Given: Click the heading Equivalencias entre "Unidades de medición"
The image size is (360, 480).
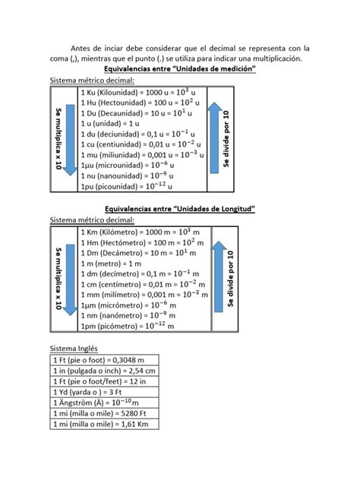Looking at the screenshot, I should pos(179,69).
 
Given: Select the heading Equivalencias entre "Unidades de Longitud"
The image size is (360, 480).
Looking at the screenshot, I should pos(179,209).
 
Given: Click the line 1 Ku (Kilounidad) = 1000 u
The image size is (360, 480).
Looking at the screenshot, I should pos(139,92).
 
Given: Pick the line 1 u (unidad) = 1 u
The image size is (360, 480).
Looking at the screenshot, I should pos(110,123).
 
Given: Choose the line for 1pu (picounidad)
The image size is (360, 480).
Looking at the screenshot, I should pos(125,185).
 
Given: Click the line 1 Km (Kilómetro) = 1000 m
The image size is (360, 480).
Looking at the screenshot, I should pos(139,231).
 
